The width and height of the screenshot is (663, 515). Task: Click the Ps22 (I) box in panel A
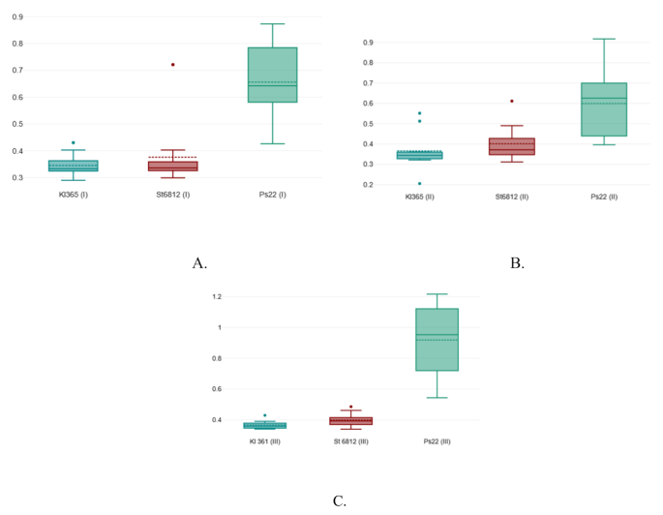[x=272, y=88]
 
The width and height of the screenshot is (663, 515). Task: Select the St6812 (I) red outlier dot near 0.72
[x=173, y=65]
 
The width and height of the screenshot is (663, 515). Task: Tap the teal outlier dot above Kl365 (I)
[x=74, y=143]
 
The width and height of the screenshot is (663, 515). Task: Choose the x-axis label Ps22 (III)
[x=436, y=440]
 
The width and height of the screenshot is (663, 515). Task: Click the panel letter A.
[x=199, y=262]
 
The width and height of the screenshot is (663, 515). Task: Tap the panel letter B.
[x=517, y=262]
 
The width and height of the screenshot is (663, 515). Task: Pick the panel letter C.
[x=339, y=500]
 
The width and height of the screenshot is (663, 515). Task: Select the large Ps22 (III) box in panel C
[x=436, y=339]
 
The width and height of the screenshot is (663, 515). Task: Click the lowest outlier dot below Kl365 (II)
[x=419, y=183]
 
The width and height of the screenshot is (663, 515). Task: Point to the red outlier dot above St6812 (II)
[x=512, y=101]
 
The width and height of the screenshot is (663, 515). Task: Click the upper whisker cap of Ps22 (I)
[x=272, y=24]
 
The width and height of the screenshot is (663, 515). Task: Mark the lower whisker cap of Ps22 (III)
[x=436, y=398]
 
